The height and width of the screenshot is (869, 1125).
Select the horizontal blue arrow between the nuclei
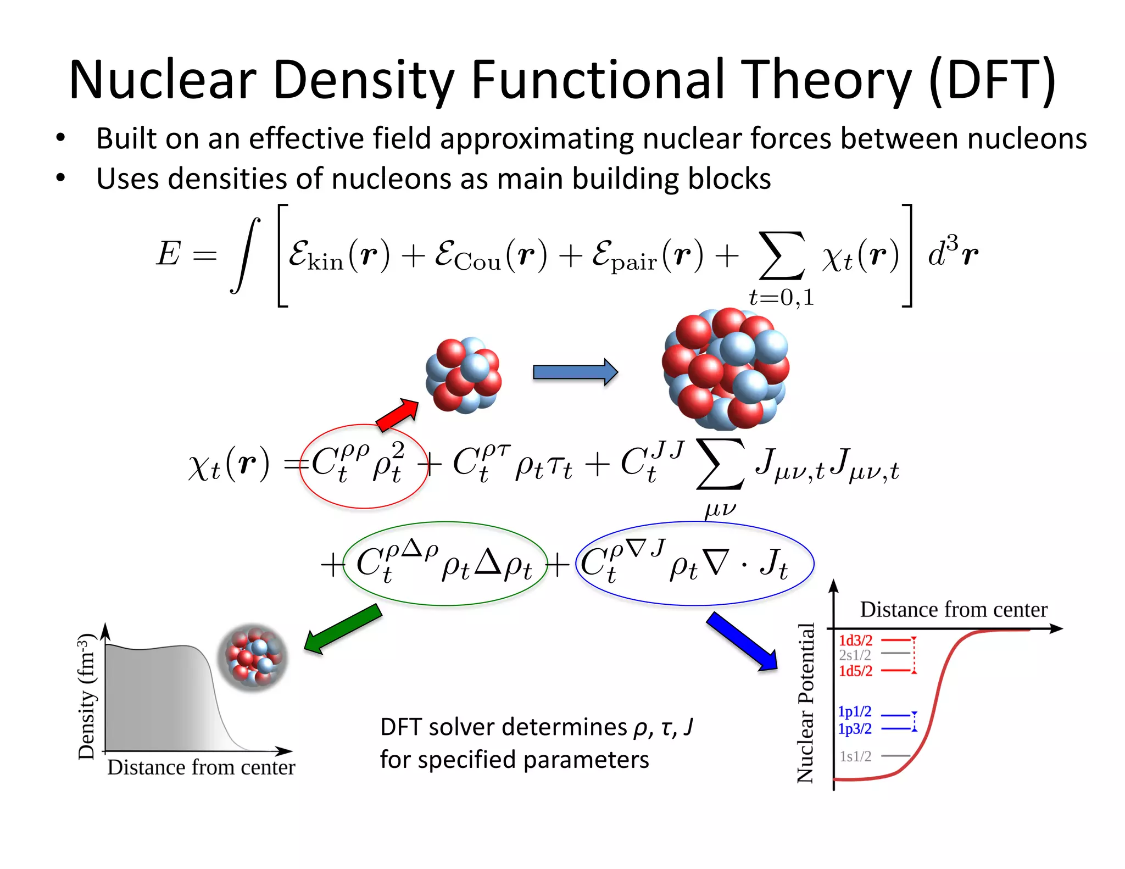575,372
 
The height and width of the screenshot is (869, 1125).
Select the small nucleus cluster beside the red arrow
463,375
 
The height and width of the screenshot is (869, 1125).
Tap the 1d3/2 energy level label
855,640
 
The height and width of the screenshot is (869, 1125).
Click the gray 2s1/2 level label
855,655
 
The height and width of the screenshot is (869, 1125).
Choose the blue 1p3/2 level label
854,729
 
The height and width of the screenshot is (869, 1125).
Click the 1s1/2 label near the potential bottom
855,756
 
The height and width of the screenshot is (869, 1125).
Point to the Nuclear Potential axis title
805,703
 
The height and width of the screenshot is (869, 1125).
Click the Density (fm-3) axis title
87,697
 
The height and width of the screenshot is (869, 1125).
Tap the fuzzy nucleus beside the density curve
253,656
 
